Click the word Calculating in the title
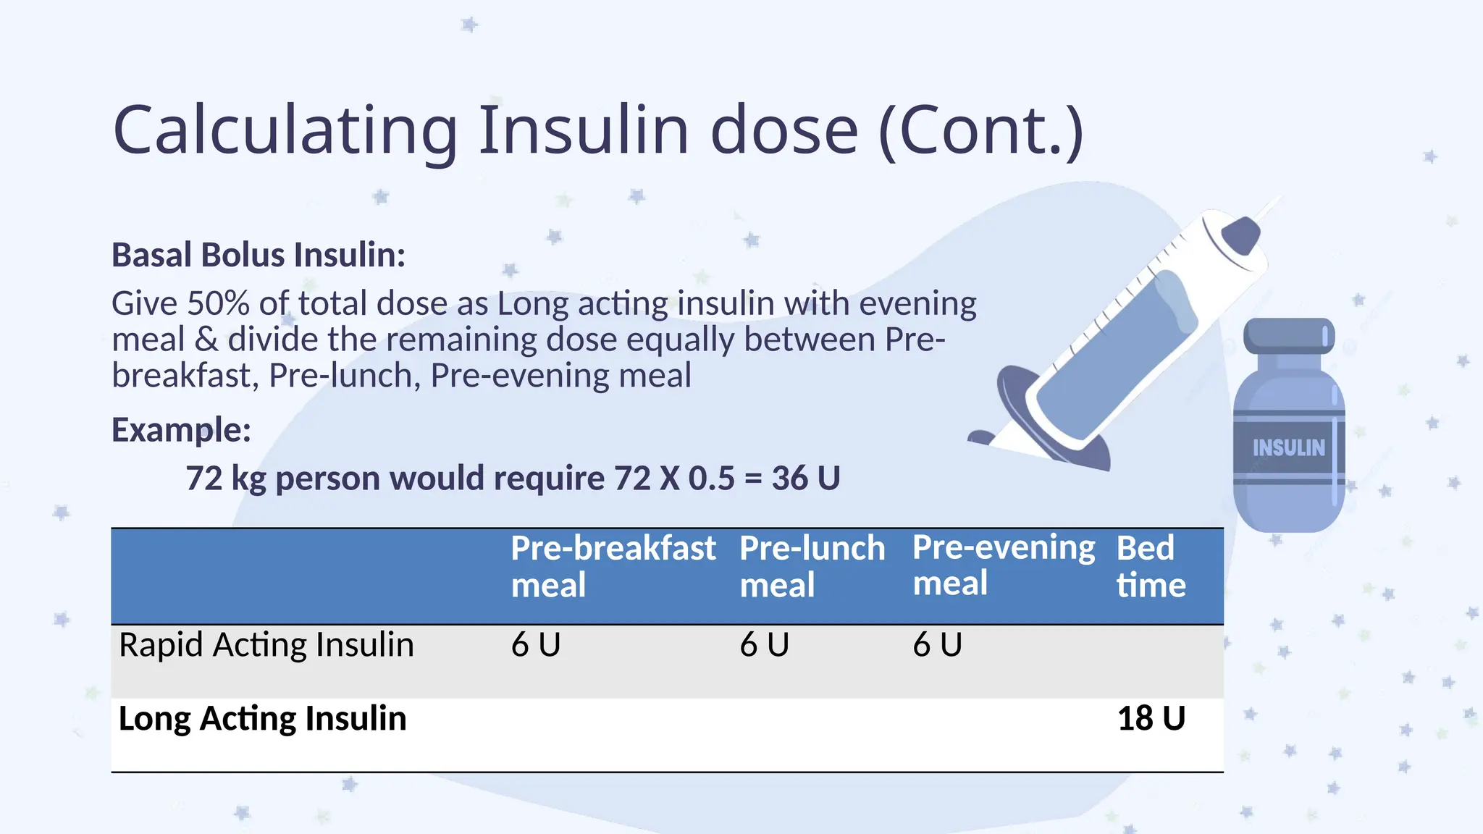[285, 131]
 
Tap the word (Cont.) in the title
[980, 131]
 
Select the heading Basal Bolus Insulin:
[259, 255]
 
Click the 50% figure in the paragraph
[218, 303]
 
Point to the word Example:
[181, 430]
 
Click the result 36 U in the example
[805, 479]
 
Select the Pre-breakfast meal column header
[613, 566]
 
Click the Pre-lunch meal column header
[812, 566]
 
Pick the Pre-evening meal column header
[1003, 565]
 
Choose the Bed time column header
[1151, 566]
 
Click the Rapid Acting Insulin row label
[266, 645]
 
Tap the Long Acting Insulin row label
[262, 719]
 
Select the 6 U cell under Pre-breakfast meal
[536, 645]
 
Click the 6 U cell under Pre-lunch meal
[764, 645]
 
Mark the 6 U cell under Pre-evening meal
[937, 645]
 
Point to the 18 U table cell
[1151, 719]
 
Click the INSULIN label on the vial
[1288, 448]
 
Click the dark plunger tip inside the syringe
[1241, 235]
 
